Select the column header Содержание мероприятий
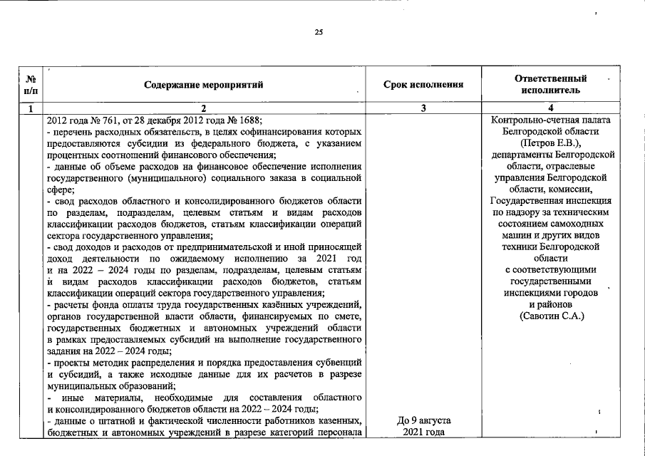(x=203, y=85)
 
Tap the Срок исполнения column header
(x=423, y=85)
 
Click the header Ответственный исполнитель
(x=550, y=85)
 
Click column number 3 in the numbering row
(x=423, y=108)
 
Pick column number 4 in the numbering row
(x=550, y=108)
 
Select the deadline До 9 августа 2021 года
(x=423, y=427)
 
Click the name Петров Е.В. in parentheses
(x=552, y=142)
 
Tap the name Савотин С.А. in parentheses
(x=552, y=316)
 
